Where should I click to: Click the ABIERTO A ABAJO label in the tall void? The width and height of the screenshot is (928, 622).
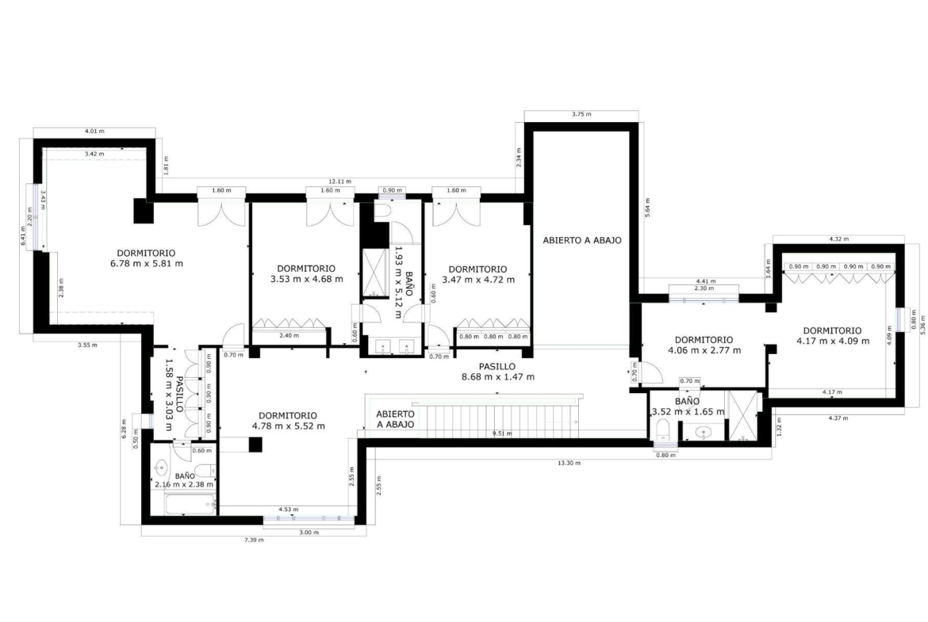tap(582, 241)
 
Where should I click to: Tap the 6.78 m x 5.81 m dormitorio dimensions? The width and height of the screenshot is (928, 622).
tap(146, 263)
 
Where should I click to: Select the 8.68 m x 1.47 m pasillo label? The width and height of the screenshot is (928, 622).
tap(498, 376)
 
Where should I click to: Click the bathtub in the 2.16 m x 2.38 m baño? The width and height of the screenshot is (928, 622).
tap(190, 505)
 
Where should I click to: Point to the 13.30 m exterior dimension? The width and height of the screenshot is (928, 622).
tap(569, 463)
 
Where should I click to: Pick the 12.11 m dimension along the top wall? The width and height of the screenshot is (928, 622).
tap(340, 181)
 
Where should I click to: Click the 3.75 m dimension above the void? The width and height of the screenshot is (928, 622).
tap(581, 114)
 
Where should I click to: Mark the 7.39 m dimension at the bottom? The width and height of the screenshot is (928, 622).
tap(254, 540)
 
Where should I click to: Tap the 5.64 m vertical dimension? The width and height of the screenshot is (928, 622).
tap(647, 208)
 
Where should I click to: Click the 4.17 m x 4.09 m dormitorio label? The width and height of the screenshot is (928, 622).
tap(833, 336)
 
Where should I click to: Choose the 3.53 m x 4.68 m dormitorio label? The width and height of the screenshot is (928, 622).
tap(306, 273)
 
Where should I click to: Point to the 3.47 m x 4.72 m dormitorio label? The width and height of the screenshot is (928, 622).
tap(477, 274)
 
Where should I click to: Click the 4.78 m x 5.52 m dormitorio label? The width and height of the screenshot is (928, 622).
tap(288, 421)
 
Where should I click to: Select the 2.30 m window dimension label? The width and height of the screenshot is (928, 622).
tap(703, 288)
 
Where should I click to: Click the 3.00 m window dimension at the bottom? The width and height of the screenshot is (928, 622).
tap(309, 532)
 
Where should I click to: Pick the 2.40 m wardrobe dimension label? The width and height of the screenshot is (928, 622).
tap(289, 336)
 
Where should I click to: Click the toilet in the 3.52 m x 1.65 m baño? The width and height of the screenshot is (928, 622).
tap(663, 431)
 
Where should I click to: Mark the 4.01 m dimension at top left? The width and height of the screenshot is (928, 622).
tap(94, 132)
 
